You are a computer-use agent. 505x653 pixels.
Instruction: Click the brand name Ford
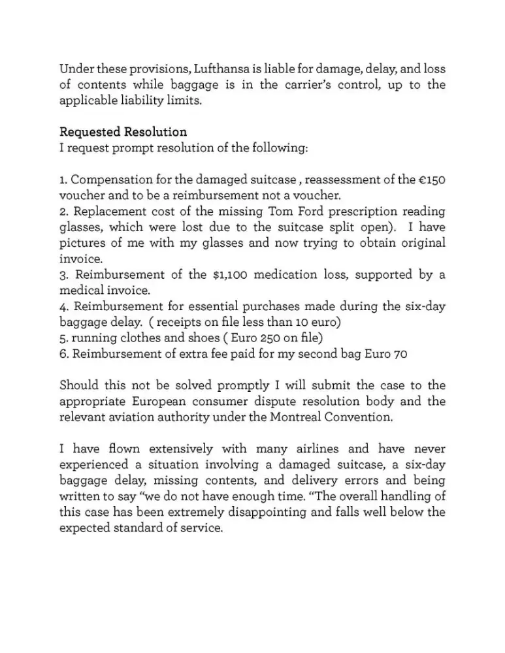[x=314, y=211]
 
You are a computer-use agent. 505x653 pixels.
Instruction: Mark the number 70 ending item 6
[x=400, y=354]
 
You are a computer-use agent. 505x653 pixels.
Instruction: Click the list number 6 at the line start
[x=63, y=354]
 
